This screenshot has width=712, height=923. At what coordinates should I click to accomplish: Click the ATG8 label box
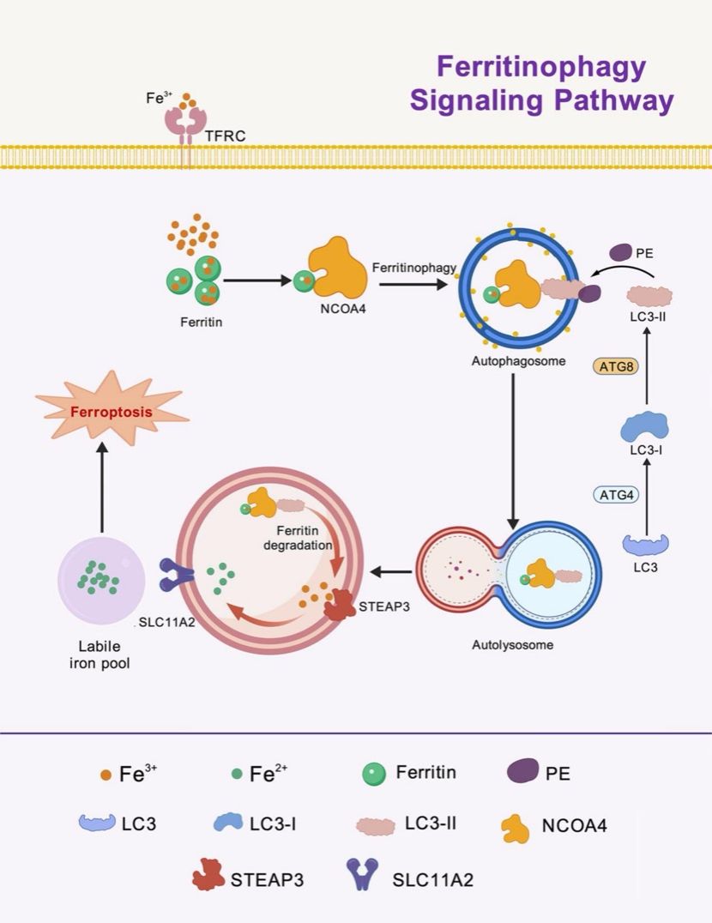(x=612, y=367)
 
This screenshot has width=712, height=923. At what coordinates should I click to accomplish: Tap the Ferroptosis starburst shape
(x=112, y=412)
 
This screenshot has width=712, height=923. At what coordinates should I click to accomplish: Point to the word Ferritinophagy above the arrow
(x=413, y=268)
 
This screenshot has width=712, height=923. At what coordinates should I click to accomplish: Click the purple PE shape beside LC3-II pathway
(x=622, y=253)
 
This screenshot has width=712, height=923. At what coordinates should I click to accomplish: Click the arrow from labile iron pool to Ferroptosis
(x=102, y=489)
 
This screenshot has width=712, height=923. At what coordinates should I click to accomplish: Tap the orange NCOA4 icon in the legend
(x=515, y=828)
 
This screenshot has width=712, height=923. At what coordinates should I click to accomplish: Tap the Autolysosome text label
(x=512, y=644)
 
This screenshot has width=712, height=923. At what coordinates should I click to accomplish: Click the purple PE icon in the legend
(x=517, y=772)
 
